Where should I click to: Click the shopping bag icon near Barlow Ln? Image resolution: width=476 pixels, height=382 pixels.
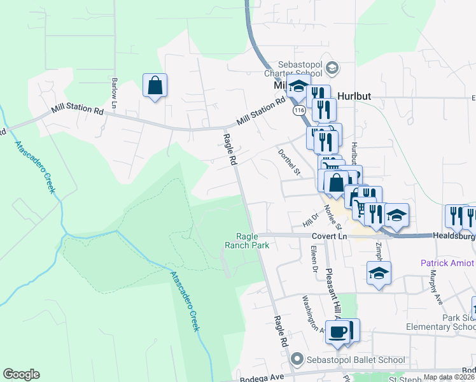pos(155,86)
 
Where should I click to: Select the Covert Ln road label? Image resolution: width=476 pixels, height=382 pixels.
pos(328,236)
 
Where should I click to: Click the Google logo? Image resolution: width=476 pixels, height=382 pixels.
pos(21,374)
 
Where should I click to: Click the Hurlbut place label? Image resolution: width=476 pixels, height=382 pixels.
pos(354,97)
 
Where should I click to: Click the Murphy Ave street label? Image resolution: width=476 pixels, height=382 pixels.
pos(435,286)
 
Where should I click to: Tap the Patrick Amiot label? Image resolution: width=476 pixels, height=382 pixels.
pos(448,263)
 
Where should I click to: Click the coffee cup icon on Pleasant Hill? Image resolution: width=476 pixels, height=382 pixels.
pos(338,332)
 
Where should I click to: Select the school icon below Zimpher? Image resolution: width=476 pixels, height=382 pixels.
pos(379,274)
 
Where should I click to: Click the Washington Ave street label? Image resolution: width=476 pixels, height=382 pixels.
pos(314,312)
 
